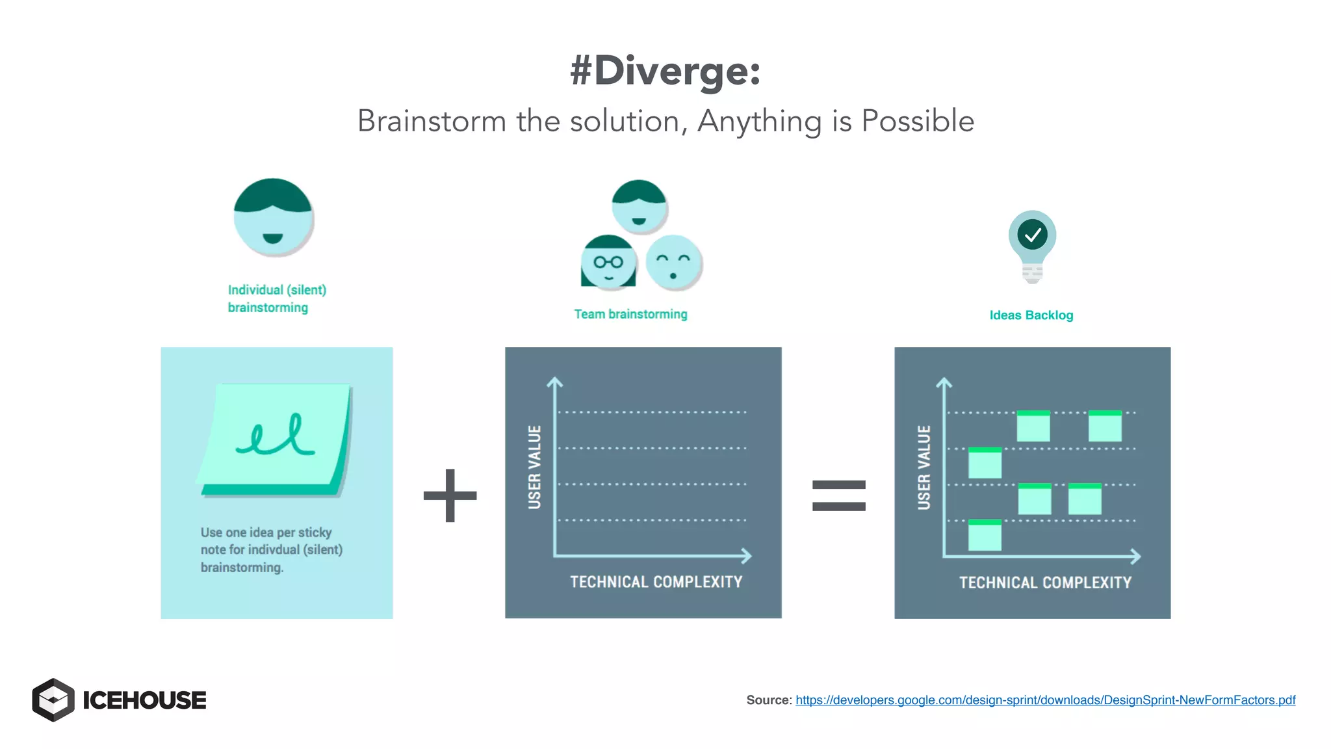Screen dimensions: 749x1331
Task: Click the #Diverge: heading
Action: point(665,70)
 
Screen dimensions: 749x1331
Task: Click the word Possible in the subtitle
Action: point(917,122)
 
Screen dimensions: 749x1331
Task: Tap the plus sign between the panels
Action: point(450,495)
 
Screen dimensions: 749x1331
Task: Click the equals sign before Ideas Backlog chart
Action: point(838,495)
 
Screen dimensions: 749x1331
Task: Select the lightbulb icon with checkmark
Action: point(1032,244)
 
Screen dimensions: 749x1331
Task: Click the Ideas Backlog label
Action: point(1031,315)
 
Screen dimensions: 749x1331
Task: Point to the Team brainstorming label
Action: point(630,314)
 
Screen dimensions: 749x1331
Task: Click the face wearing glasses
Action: point(608,262)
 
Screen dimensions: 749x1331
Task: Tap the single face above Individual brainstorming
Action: point(273,218)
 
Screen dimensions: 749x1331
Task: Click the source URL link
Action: point(1045,700)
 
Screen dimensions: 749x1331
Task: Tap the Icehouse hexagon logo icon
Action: point(53,700)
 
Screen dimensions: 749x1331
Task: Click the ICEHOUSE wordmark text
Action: point(144,700)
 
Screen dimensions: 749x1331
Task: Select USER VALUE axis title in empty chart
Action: point(534,467)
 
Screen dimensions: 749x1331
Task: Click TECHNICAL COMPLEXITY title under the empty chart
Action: point(656,582)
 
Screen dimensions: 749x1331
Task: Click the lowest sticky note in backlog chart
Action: point(985,536)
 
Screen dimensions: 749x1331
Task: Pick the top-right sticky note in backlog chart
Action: point(1105,426)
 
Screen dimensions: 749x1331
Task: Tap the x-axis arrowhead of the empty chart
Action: point(747,556)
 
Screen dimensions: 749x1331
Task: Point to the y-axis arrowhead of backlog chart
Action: point(944,382)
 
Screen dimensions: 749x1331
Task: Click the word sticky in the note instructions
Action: point(315,532)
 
